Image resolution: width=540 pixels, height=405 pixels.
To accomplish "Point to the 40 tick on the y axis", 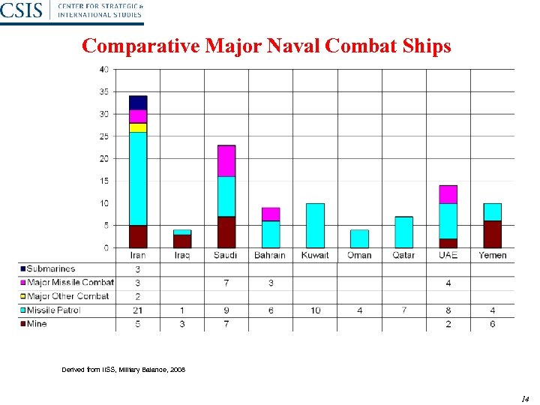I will click(103, 70).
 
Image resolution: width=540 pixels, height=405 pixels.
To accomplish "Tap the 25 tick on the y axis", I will click(103, 136).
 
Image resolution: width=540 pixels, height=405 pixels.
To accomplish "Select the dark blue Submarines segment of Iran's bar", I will click(138, 103).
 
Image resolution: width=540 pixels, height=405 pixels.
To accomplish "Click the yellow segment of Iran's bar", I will click(138, 127).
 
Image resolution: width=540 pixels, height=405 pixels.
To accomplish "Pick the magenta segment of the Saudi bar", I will click(226, 161).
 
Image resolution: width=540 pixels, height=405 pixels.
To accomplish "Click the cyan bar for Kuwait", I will click(315, 225).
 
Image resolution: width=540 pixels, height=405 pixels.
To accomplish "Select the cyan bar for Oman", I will click(359, 238).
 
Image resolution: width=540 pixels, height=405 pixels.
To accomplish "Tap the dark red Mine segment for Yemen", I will click(492, 234).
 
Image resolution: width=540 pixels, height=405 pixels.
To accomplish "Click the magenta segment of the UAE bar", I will click(448, 194).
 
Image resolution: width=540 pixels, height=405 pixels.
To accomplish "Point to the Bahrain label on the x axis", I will click(270, 256).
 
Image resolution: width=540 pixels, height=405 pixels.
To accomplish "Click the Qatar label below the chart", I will click(403, 256).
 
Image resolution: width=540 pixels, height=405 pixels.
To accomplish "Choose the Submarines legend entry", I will click(51, 269).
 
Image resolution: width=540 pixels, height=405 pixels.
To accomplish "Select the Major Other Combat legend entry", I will click(67, 296).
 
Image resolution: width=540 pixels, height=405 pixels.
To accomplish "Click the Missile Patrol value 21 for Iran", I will click(138, 310).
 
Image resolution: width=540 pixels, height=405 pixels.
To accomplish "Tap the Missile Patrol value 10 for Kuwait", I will click(315, 310).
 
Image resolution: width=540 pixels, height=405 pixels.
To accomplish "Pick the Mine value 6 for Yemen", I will click(492, 324).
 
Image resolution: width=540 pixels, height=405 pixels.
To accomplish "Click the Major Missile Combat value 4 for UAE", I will click(448, 283).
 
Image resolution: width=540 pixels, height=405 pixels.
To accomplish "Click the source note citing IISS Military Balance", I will click(124, 370).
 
